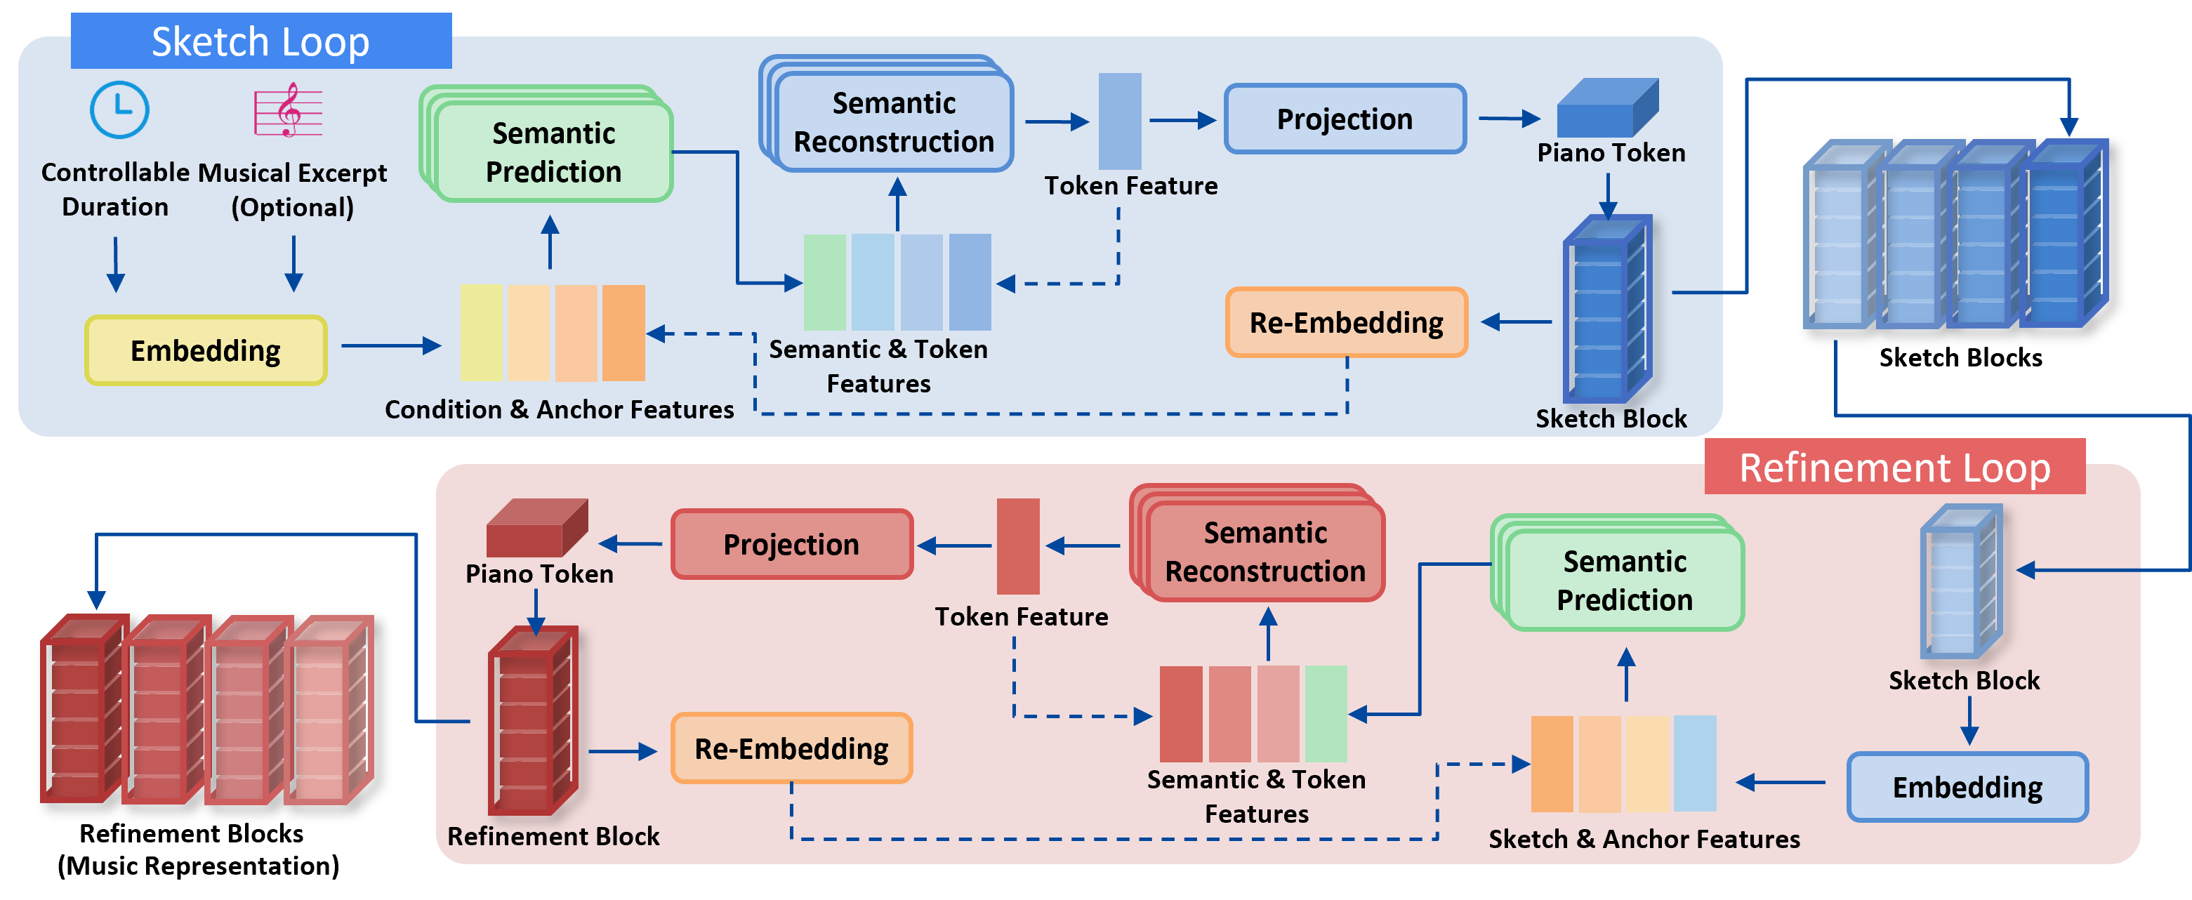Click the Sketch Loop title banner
[260, 41]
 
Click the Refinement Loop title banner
[1894, 467]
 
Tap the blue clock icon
[120, 110]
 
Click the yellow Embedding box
[206, 350]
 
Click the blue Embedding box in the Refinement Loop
[1967, 787]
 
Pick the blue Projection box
[1345, 119]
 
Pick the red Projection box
[791, 545]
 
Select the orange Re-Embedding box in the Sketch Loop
[1346, 322]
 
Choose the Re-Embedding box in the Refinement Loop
[791, 748]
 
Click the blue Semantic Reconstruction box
[894, 122]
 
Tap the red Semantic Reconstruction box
[1265, 551]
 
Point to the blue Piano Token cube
[1607, 109]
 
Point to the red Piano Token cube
[537, 528]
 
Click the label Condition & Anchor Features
[559, 409]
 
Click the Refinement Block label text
[553, 836]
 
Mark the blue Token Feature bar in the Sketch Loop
[1120, 121]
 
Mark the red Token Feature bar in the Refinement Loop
[1018, 546]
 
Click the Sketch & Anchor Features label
[1644, 839]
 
